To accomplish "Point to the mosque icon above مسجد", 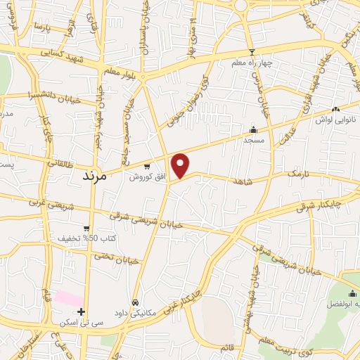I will [x=253, y=129].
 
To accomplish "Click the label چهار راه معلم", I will [x=252, y=63].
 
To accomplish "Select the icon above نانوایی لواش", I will [x=335, y=109].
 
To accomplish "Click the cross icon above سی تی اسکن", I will [x=82, y=311].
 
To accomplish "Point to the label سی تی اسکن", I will [x=82, y=322].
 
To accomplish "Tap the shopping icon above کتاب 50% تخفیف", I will [x=86, y=228].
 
